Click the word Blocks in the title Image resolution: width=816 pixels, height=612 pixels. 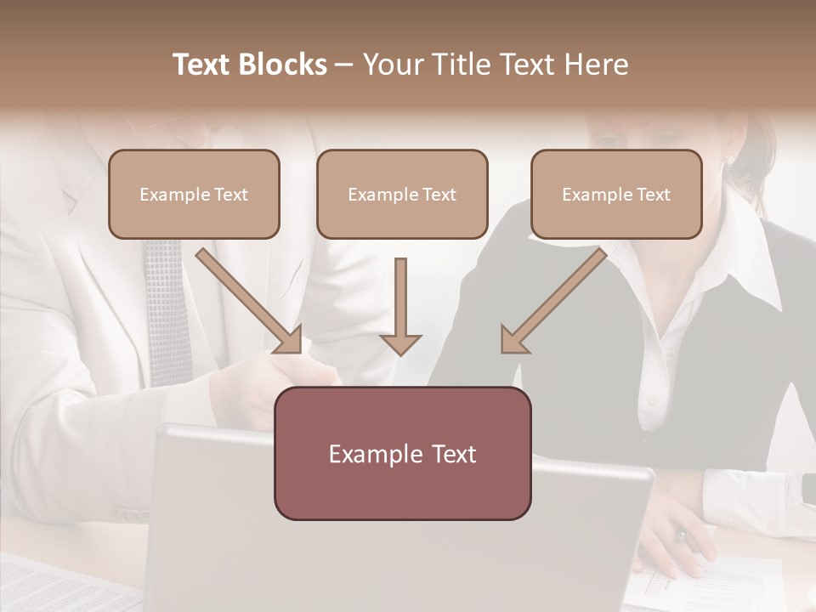point(283,65)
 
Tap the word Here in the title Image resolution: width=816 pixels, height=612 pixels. point(594,65)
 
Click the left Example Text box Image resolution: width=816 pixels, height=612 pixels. point(194,195)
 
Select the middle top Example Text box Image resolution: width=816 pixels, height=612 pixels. point(402,195)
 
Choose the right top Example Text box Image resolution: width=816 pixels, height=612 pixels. point(616,195)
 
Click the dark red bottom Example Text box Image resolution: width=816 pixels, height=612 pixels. point(402,454)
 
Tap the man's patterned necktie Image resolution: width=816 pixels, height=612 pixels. point(167,306)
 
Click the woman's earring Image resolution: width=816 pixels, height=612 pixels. point(728,159)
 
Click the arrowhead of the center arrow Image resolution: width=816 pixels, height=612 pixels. point(400,343)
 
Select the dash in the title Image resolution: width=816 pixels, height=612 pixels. point(344,65)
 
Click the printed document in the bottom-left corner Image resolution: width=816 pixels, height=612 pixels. point(51,586)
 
